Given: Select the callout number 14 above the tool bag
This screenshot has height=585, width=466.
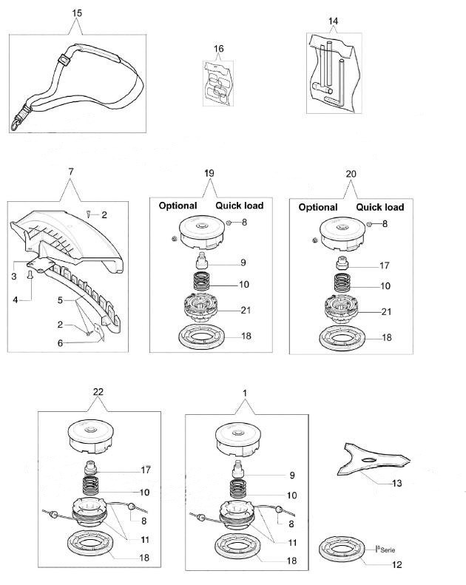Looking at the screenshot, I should (334, 21).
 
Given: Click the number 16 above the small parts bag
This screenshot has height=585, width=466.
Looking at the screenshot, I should (219, 49).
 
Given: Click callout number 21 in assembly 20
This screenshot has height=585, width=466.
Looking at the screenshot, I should (386, 311).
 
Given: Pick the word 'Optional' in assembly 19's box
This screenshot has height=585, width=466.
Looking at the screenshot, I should (178, 206).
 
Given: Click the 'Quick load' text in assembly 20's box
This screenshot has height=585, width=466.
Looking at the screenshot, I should (380, 207).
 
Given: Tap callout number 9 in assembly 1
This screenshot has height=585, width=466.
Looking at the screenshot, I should (291, 475).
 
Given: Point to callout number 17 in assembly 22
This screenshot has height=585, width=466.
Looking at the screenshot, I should (145, 470).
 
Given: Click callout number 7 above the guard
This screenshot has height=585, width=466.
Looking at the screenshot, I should (71, 172).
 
